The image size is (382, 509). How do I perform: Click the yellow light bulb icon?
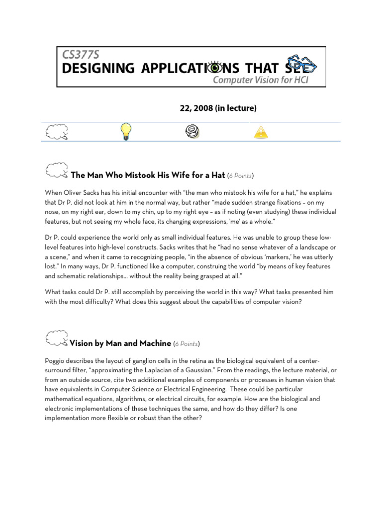126,132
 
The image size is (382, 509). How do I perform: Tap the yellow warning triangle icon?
260,132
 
